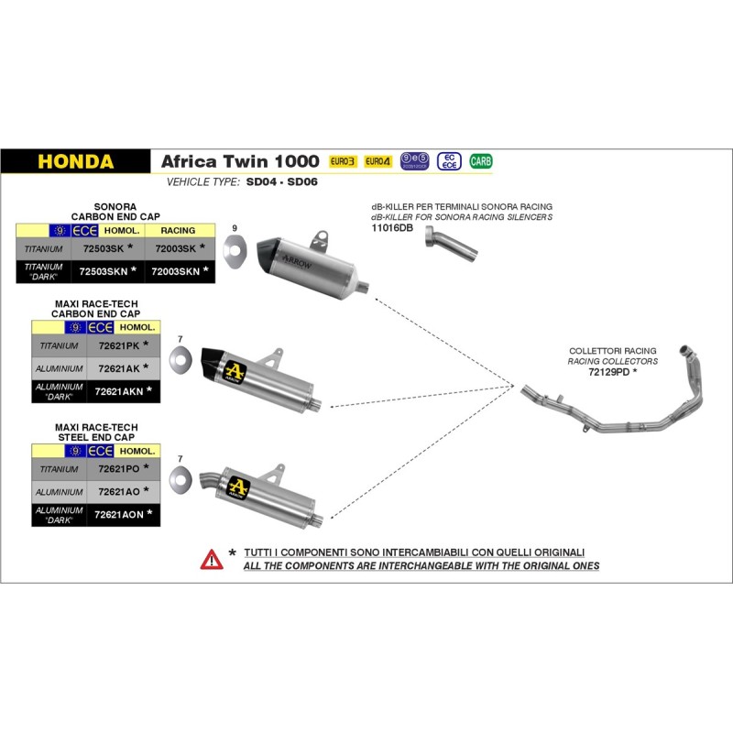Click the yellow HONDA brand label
tap(76, 162)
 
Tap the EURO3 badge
tap(342, 161)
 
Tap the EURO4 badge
tap(377, 161)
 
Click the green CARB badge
tap(480, 161)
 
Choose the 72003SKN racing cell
tap(176, 271)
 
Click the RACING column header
tap(178, 231)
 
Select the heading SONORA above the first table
tap(115, 208)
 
